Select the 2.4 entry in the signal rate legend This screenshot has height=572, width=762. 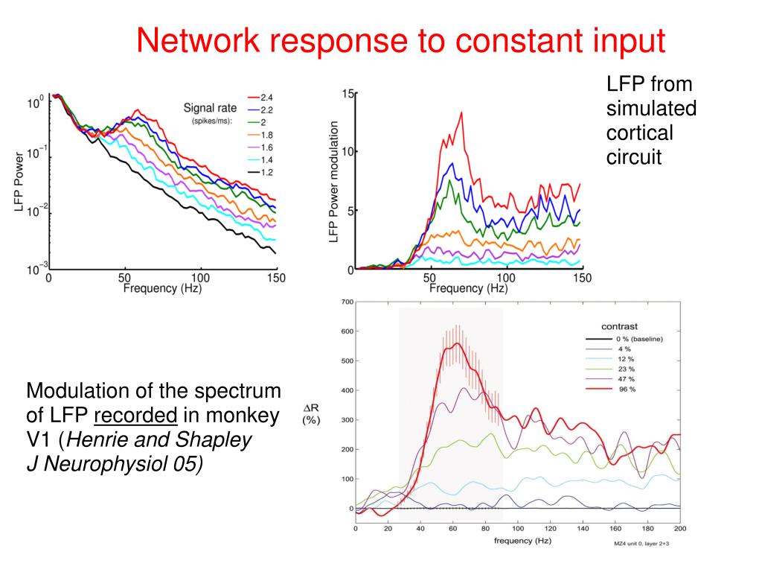(266, 97)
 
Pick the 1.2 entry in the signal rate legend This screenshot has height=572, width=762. (266, 171)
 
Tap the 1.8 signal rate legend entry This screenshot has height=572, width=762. (266, 135)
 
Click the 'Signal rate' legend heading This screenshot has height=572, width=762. (210, 108)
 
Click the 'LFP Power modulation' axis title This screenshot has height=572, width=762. (334, 182)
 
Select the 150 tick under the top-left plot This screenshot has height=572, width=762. (276, 279)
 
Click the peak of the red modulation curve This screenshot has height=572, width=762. (462, 112)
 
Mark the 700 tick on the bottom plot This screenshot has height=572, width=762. (346, 302)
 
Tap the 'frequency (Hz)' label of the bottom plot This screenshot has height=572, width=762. (523, 540)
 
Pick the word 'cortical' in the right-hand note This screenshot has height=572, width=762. (639, 133)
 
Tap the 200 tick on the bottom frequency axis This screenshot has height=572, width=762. (679, 528)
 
